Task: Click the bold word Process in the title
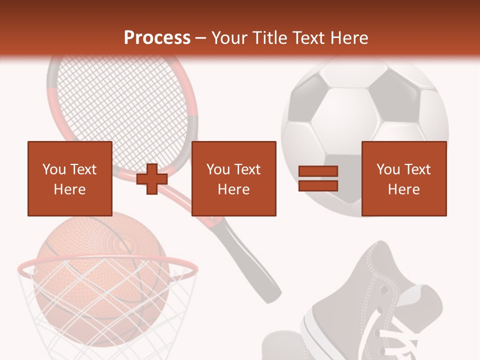[x=157, y=38]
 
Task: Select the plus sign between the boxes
[x=152, y=178]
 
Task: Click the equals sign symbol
[x=318, y=178]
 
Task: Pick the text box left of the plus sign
[x=70, y=178]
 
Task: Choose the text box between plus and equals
[x=233, y=178]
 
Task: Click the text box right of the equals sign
[x=403, y=178]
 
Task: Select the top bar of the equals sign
[x=318, y=171]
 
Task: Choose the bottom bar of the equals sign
[x=318, y=185]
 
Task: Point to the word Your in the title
[x=229, y=38]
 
